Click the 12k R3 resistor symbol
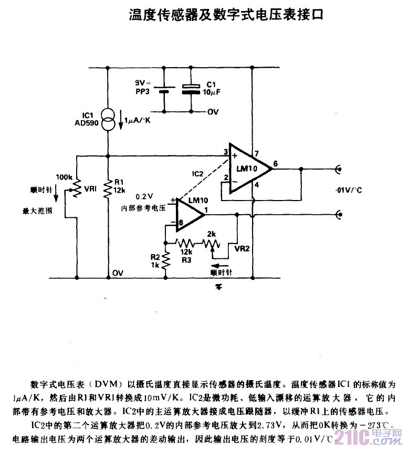tap(185, 243)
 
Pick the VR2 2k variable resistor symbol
tap(213, 244)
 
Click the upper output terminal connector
tap(339, 169)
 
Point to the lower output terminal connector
tap(339, 214)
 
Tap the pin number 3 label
tap(225, 152)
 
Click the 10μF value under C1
tap(212, 92)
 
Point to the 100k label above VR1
tap(62, 177)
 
